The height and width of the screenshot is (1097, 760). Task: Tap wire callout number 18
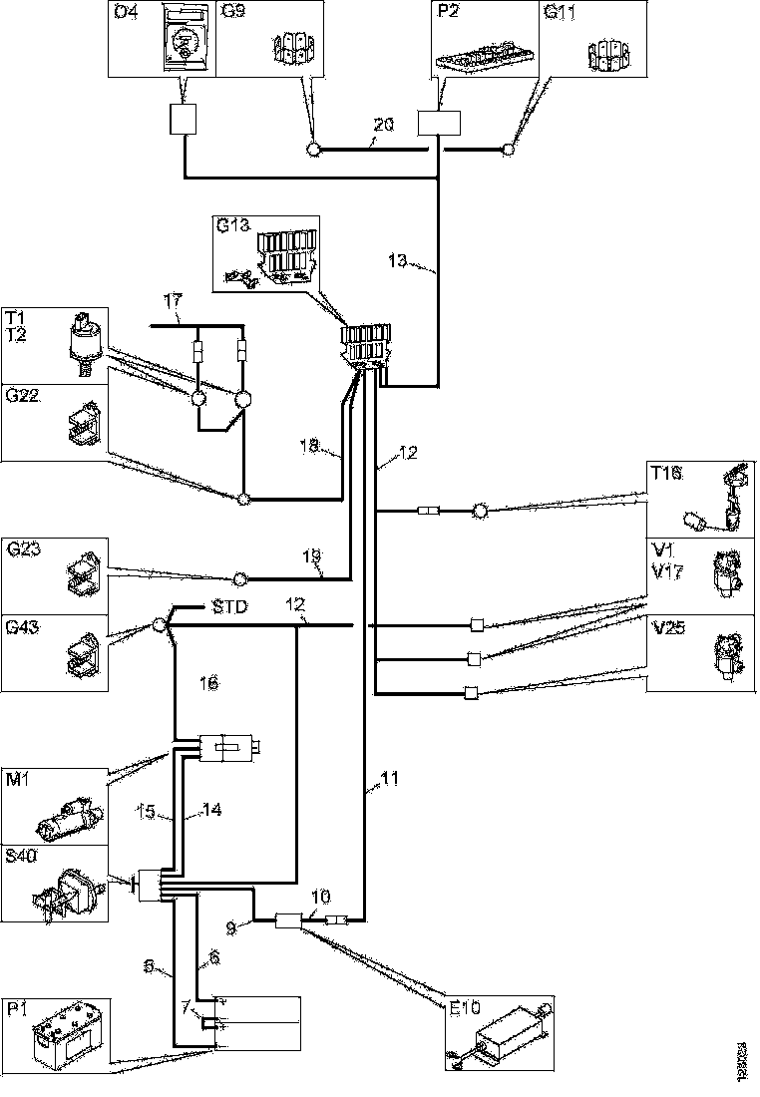pyautogui.click(x=310, y=449)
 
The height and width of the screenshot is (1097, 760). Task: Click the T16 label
pyautogui.click(x=666, y=474)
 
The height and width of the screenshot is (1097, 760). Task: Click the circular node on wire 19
pyautogui.click(x=239, y=577)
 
